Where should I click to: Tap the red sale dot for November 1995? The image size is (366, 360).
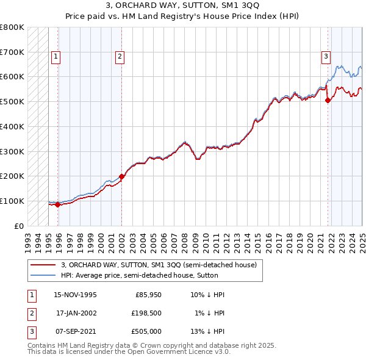pos(58,204)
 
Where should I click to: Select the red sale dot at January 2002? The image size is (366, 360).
pos(121,176)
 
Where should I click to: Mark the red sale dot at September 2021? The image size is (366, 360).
pos(328,101)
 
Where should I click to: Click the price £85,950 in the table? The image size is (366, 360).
pos(148,295)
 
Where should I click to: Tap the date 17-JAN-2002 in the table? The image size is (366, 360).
pos(76,313)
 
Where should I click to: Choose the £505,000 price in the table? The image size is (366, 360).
pos(147,331)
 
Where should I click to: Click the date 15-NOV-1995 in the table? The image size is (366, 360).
pos(76,295)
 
